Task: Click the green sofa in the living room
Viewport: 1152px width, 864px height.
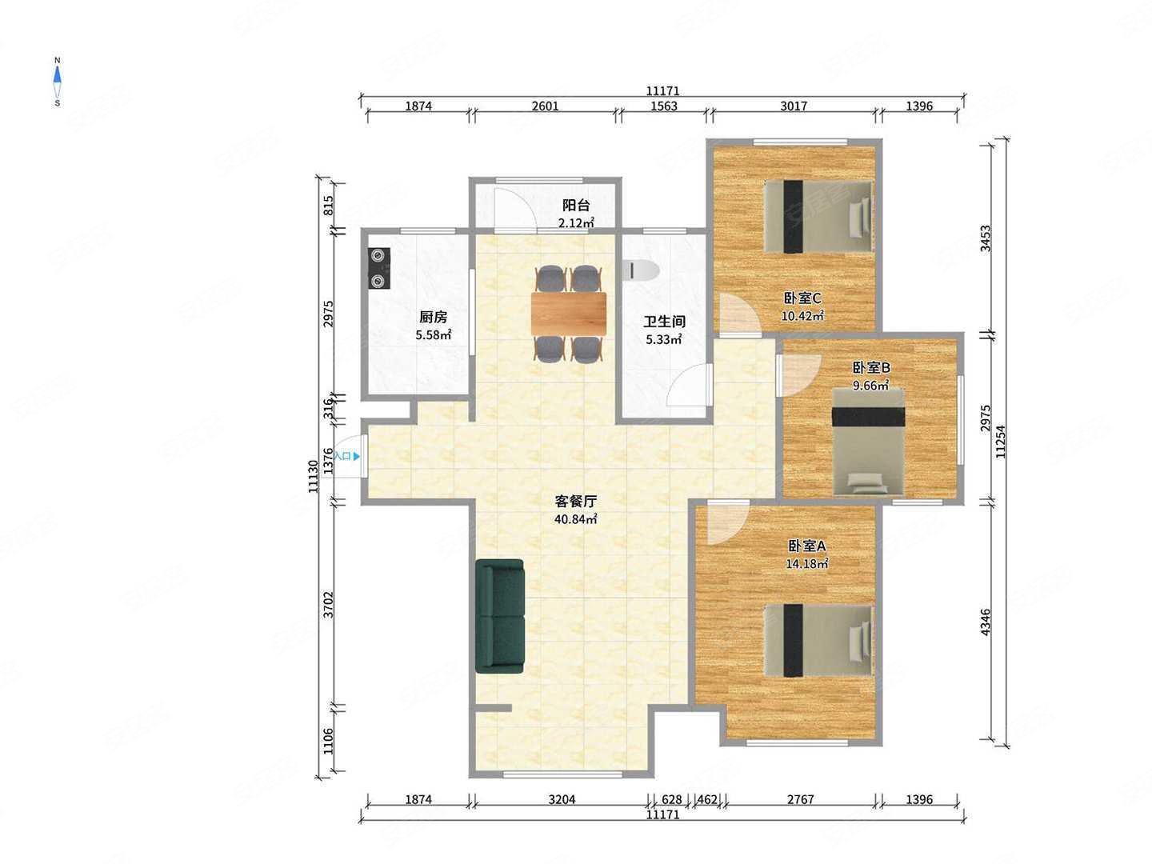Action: pyautogui.click(x=499, y=615)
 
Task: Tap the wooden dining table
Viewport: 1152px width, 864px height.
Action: pyautogui.click(x=568, y=313)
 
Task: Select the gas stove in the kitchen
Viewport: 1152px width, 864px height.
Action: pyautogui.click(x=378, y=269)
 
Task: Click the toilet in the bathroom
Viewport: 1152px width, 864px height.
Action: pyautogui.click(x=640, y=270)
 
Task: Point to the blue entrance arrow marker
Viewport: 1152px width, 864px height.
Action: pyautogui.click(x=357, y=456)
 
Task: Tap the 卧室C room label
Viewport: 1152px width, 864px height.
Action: pyautogui.click(x=802, y=298)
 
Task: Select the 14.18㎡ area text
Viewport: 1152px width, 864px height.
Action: pyautogui.click(x=807, y=563)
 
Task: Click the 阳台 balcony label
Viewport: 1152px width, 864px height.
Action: pyautogui.click(x=576, y=205)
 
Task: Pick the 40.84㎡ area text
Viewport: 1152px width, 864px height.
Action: pyautogui.click(x=576, y=519)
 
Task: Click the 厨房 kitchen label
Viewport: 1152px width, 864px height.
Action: pyautogui.click(x=433, y=317)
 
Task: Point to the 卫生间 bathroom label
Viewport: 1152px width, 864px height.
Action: pyautogui.click(x=664, y=321)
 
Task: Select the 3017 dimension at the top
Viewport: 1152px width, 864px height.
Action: pyautogui.click(x=793, y=106)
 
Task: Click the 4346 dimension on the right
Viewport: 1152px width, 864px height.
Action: pyautogui.click(x=985, y=622)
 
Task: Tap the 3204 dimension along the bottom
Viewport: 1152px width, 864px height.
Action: pyautogui.click(x=562, y=799)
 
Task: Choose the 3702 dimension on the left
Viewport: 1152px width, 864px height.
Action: pyautogui.click(x=328, y=604)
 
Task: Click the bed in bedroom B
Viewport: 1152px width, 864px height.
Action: pyautogui.click(x=868, y=442)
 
